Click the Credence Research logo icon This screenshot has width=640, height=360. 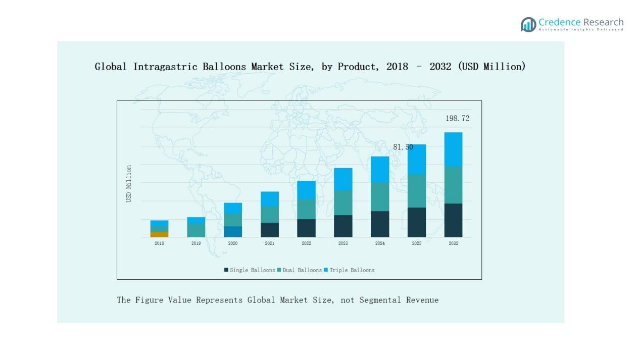tap(528, 24)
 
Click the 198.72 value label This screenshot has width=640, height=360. tap(457, 119)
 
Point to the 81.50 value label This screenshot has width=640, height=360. tap(403, 147)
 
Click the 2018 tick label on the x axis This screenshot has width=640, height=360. tap(159, 243)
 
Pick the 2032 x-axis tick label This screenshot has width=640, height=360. tap(453, 243)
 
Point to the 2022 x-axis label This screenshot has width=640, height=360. tap(306, 243)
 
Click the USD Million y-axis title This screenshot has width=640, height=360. tap(129, 184)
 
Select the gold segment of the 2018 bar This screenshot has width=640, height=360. tap(159, 234)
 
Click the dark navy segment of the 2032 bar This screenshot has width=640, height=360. tap(453, 220)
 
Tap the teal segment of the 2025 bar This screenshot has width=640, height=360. tap(416, 191)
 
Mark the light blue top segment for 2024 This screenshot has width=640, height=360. tap(380, 169)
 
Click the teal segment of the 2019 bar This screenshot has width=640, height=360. tap(196, 230)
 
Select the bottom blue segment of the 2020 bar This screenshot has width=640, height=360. tap(233, 232)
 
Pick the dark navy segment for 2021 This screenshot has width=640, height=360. tap(270, 230)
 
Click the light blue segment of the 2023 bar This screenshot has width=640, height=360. tap(343, 179)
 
